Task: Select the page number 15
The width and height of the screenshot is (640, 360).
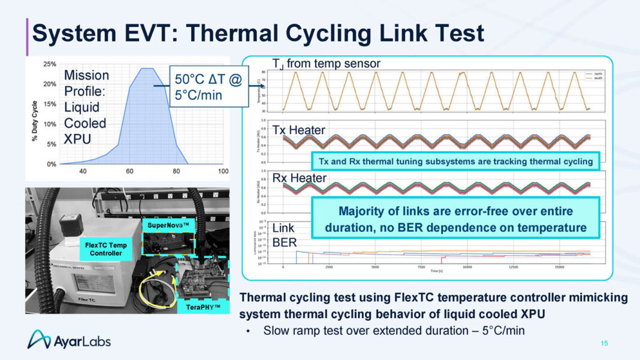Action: click(603, 343)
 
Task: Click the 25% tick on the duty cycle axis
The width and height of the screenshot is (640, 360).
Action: click(50, 63)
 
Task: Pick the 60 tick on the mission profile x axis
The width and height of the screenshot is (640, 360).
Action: click(129, 171)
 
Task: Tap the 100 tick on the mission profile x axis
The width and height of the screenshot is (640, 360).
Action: click(223, 171)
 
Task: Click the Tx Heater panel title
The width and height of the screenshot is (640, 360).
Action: click(291, 129)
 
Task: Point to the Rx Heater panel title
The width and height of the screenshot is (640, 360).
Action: click(291, 178)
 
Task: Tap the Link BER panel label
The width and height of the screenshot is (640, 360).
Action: click(285, 235)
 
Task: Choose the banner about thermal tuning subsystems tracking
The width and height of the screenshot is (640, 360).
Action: click(453, 161)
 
